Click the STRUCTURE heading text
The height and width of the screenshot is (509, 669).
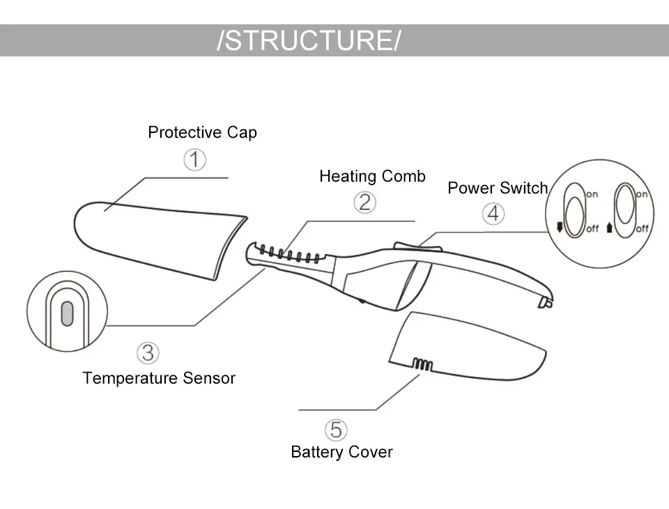click(x=309, y=40)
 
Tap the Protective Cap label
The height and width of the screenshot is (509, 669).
click(x=202, y=132)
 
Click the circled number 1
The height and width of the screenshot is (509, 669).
click(x=194, y=159)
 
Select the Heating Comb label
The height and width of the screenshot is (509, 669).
click(x=372, y=176)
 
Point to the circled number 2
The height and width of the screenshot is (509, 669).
click(x=364, y=202)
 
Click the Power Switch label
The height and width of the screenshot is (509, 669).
click(x=498, y=187)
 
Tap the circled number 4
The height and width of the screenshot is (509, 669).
click(x=493, y=214)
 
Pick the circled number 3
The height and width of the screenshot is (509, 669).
click(x=148, y=353)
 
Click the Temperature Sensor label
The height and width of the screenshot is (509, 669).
click(x=159, y=378)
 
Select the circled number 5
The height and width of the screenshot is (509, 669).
click(x=336, y=430)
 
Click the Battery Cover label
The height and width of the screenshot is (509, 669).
click(x=341, y=452)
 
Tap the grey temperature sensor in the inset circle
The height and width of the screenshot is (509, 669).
click(x=67, y=314)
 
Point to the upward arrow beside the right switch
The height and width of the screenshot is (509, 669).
click(x=609, y=228)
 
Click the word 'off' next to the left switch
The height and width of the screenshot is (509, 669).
click(x=592, y=229)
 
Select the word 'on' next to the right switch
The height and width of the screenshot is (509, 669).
click(x=641, y=194)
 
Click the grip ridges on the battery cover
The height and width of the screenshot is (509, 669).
click(x=422, y=364)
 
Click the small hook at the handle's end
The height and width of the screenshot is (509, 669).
click(x=546, y=302)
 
